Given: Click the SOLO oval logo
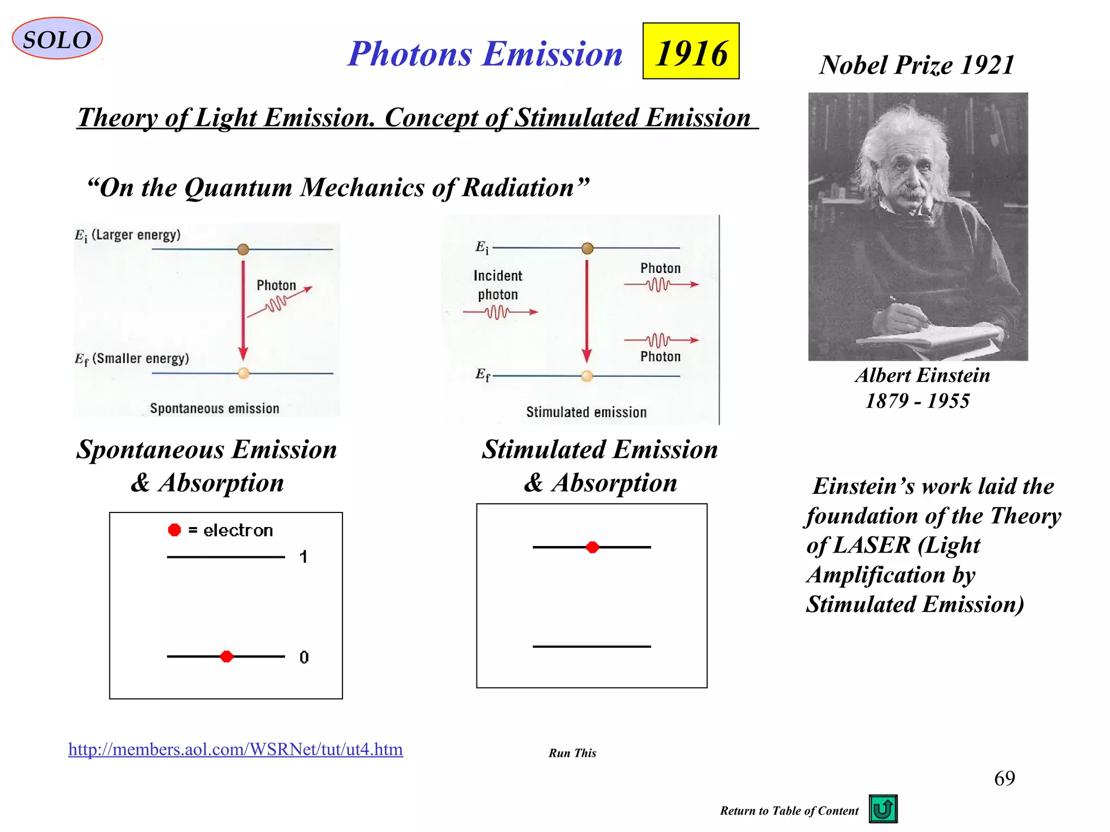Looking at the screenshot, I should (x=57, y=39).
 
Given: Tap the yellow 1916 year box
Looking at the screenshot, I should (x=690, y=51).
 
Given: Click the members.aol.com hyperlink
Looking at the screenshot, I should (x=235, y=749).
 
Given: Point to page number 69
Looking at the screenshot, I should (x=1004, y=778).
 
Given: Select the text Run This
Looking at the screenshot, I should (x=572, y=753).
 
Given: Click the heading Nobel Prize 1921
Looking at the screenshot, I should (x=917, y=65).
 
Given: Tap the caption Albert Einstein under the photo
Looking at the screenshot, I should (x=922, y=375).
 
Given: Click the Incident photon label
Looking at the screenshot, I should (x=498, y=285).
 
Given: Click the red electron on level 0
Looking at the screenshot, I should (x=227, y=656).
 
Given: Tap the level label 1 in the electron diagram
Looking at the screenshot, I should (x=304, y=557).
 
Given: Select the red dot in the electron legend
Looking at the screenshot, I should (x=174, y=530).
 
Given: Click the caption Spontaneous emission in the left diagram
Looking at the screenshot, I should (x=214, y=408).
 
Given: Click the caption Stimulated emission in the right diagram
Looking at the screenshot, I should (x=586, y=412).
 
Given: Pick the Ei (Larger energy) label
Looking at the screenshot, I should (x=127, y=235).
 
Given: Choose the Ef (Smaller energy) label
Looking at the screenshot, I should (x=132, y=359).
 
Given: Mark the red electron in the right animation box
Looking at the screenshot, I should (x=592, y=547).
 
